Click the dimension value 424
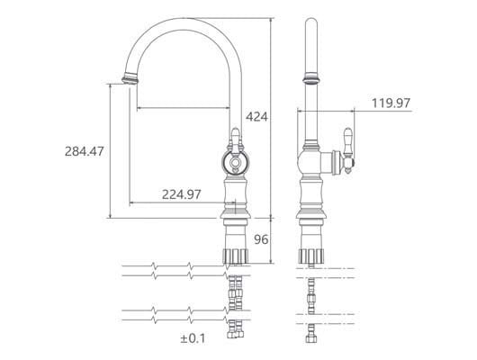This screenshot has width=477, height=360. pyautogui.click(x=256, y=117)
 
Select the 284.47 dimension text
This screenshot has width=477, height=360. pyautogui.click(x=85, y=151)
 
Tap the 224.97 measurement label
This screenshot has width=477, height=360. pyautogui.click(x=181, y=194)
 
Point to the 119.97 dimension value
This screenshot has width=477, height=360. pyautogui.click(x=391, y=103)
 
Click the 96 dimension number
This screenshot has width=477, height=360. pyautogui.click(x=261, y=239)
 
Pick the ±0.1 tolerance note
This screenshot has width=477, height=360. pyautogui.click(x=193, y=338)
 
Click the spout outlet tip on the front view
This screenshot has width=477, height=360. pyautogui.click(x=130, y=80)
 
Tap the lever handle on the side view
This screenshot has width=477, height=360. pyautogui.click(x=348, y=150)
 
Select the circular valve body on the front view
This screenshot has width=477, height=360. pyautogui.click(x=235, y=162)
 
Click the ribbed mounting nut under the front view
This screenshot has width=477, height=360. pyautogui.click(x=236, y=256)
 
